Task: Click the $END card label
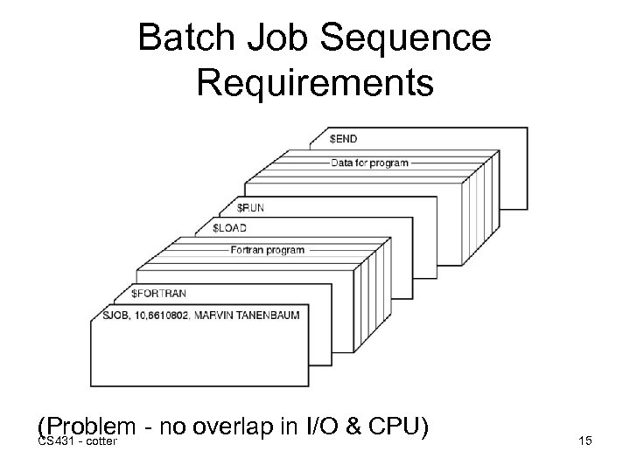click(x=343, y=139)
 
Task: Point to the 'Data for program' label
click(x=368, y=163)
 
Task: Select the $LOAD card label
click(x=231, y=227)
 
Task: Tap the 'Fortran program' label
click(x=267, y=250)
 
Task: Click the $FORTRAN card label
click(x=158, y=293)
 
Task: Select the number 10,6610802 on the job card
click(x=154, y=313)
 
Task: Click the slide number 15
click(x=585, y=441)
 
